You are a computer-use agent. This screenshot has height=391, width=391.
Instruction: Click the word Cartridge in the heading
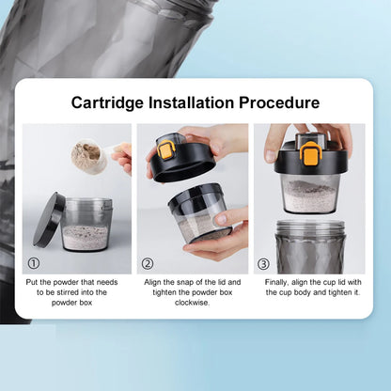tap(107, 103)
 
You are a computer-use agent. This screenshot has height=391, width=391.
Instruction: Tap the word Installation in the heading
tap(191, 102)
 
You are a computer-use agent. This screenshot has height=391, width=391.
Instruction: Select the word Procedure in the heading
tap(279, 102)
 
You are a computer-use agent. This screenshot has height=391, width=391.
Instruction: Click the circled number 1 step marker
tap(34, 263)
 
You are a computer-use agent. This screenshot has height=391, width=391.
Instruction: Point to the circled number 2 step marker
tap(148, 263)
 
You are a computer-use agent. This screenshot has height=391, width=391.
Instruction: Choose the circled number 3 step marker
tap(263, 264)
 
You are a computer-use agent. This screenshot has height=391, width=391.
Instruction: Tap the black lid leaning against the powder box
tap(49, 220)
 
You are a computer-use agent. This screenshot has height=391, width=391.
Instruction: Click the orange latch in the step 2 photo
tap(166, 150)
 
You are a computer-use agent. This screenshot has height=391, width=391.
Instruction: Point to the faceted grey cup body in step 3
tap(310, 247)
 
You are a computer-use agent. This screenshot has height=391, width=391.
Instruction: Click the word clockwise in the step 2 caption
tap(192, 303)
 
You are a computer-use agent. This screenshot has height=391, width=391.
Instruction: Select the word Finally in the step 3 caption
tap(276, 282)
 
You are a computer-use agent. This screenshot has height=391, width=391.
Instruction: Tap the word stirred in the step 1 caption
tap(68, 292)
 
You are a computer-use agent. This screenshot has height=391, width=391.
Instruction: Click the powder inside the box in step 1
tap(86, 237)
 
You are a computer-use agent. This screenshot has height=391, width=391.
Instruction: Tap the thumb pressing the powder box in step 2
tap(230, 215)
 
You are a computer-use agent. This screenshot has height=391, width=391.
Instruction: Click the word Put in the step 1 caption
tap(32, 282)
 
